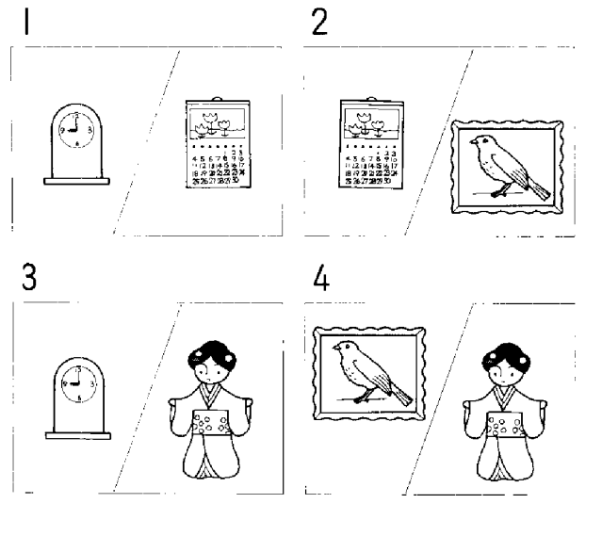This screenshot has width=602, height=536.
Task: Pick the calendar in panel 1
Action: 217,146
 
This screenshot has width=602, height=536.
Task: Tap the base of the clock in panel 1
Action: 76,179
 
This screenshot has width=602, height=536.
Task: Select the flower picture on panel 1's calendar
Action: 218,120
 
